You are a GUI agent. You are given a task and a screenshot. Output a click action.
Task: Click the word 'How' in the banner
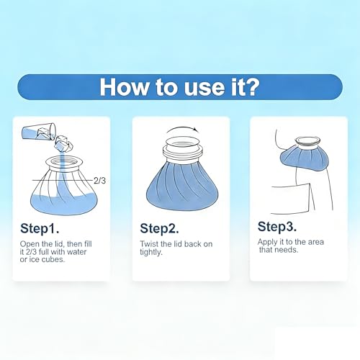click(x=124, y=87)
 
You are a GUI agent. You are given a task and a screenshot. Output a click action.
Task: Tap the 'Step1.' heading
click(x=40, y=228)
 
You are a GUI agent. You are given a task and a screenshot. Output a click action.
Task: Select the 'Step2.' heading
click(x=159, y=228)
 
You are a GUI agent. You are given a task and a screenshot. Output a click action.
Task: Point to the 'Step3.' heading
click(x=277, y=226)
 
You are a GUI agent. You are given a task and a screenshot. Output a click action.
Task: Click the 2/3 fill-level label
click(x=99, y=181)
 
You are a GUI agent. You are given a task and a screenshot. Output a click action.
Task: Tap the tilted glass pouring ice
click(x=39, y=132)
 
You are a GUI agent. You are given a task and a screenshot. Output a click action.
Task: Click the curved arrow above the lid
click(x=182, y=129)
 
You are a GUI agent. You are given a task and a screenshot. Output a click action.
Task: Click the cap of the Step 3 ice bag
click(x=308, y=141)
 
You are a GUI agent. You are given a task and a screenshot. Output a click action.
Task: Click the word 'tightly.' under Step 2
click(x=151, y=252)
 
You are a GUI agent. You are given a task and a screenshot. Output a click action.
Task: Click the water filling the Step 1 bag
click(x=64, y=203)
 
